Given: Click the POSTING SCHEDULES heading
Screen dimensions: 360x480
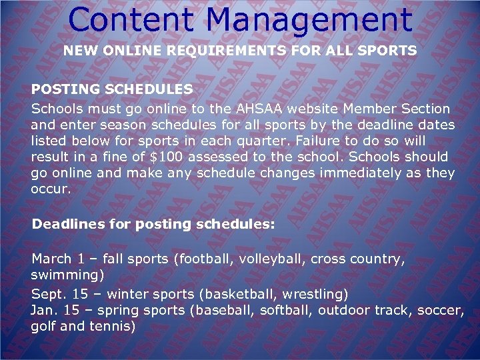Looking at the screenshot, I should pyautogui.click(x=112, y=89).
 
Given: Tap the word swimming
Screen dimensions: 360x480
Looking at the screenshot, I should pyautogui.click(x=64, y=274).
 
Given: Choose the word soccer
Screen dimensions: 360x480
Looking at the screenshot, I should pyautogui.click(x=441, y=310).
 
